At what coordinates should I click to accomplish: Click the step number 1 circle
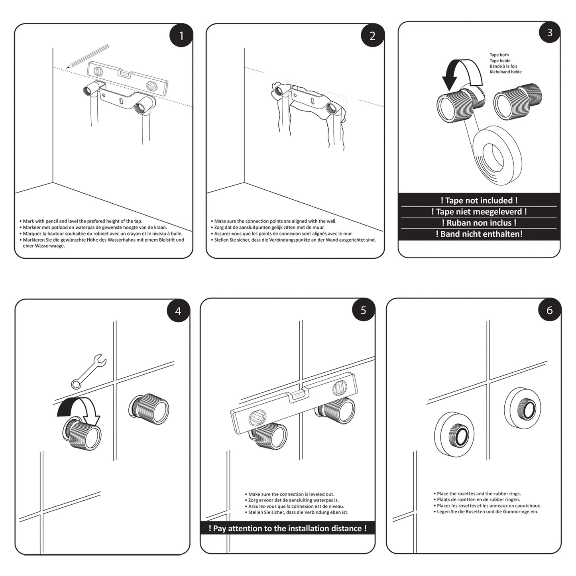click(181, 36)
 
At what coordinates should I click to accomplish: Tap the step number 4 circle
click(178, 311)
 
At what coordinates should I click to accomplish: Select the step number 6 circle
click(549, 310)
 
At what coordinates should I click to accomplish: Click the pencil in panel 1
click(88, 56)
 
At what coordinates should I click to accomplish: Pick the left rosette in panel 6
click(454, 434)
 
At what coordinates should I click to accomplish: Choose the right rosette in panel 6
click(523, 408)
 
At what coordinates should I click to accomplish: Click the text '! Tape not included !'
click(479, 201)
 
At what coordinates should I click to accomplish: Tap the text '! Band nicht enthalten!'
click(479, 234)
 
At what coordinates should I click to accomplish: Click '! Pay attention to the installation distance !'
click(287, 528)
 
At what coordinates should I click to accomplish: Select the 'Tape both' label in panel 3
click(499, 55)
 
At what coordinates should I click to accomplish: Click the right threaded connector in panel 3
click(517, 101)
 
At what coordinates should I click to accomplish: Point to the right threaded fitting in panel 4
click(149, 409)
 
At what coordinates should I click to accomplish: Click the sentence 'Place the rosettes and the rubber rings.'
click(478, 493)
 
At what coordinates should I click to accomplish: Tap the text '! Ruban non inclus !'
click(479, 223)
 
